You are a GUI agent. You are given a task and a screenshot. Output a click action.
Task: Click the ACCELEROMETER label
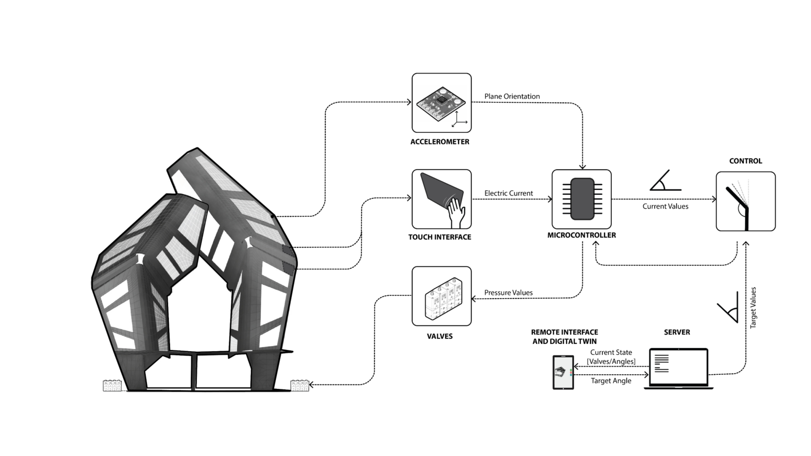click(440, 142)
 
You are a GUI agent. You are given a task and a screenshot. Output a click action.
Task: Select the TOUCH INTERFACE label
click(440, 237)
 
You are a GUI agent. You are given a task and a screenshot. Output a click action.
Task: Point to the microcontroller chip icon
click(582, 199)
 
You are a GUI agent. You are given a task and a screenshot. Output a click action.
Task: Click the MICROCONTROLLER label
click(581, 235)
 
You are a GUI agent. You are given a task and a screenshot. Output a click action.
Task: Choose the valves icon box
click(442, 296)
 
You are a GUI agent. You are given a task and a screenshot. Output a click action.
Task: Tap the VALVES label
click(440, 336)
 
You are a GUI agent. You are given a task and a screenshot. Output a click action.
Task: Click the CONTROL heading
click(745, 161)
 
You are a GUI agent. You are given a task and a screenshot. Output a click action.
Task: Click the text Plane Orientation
click(512, 96)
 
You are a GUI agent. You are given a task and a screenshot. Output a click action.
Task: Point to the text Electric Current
click(508, 193)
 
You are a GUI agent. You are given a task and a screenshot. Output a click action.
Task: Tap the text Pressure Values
click(508, 293)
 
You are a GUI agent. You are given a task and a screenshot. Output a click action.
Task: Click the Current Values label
click(665, 206)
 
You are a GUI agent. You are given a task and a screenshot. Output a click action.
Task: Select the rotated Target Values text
click(753, 308)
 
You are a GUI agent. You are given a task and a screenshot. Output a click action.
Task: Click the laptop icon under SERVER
click(678, 369)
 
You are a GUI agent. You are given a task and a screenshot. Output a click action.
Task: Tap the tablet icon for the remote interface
click(563, 373)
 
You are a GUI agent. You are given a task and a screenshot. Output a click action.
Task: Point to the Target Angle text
click(611, 381)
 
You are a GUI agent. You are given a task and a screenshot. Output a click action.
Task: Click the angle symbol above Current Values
click(665, 180)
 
